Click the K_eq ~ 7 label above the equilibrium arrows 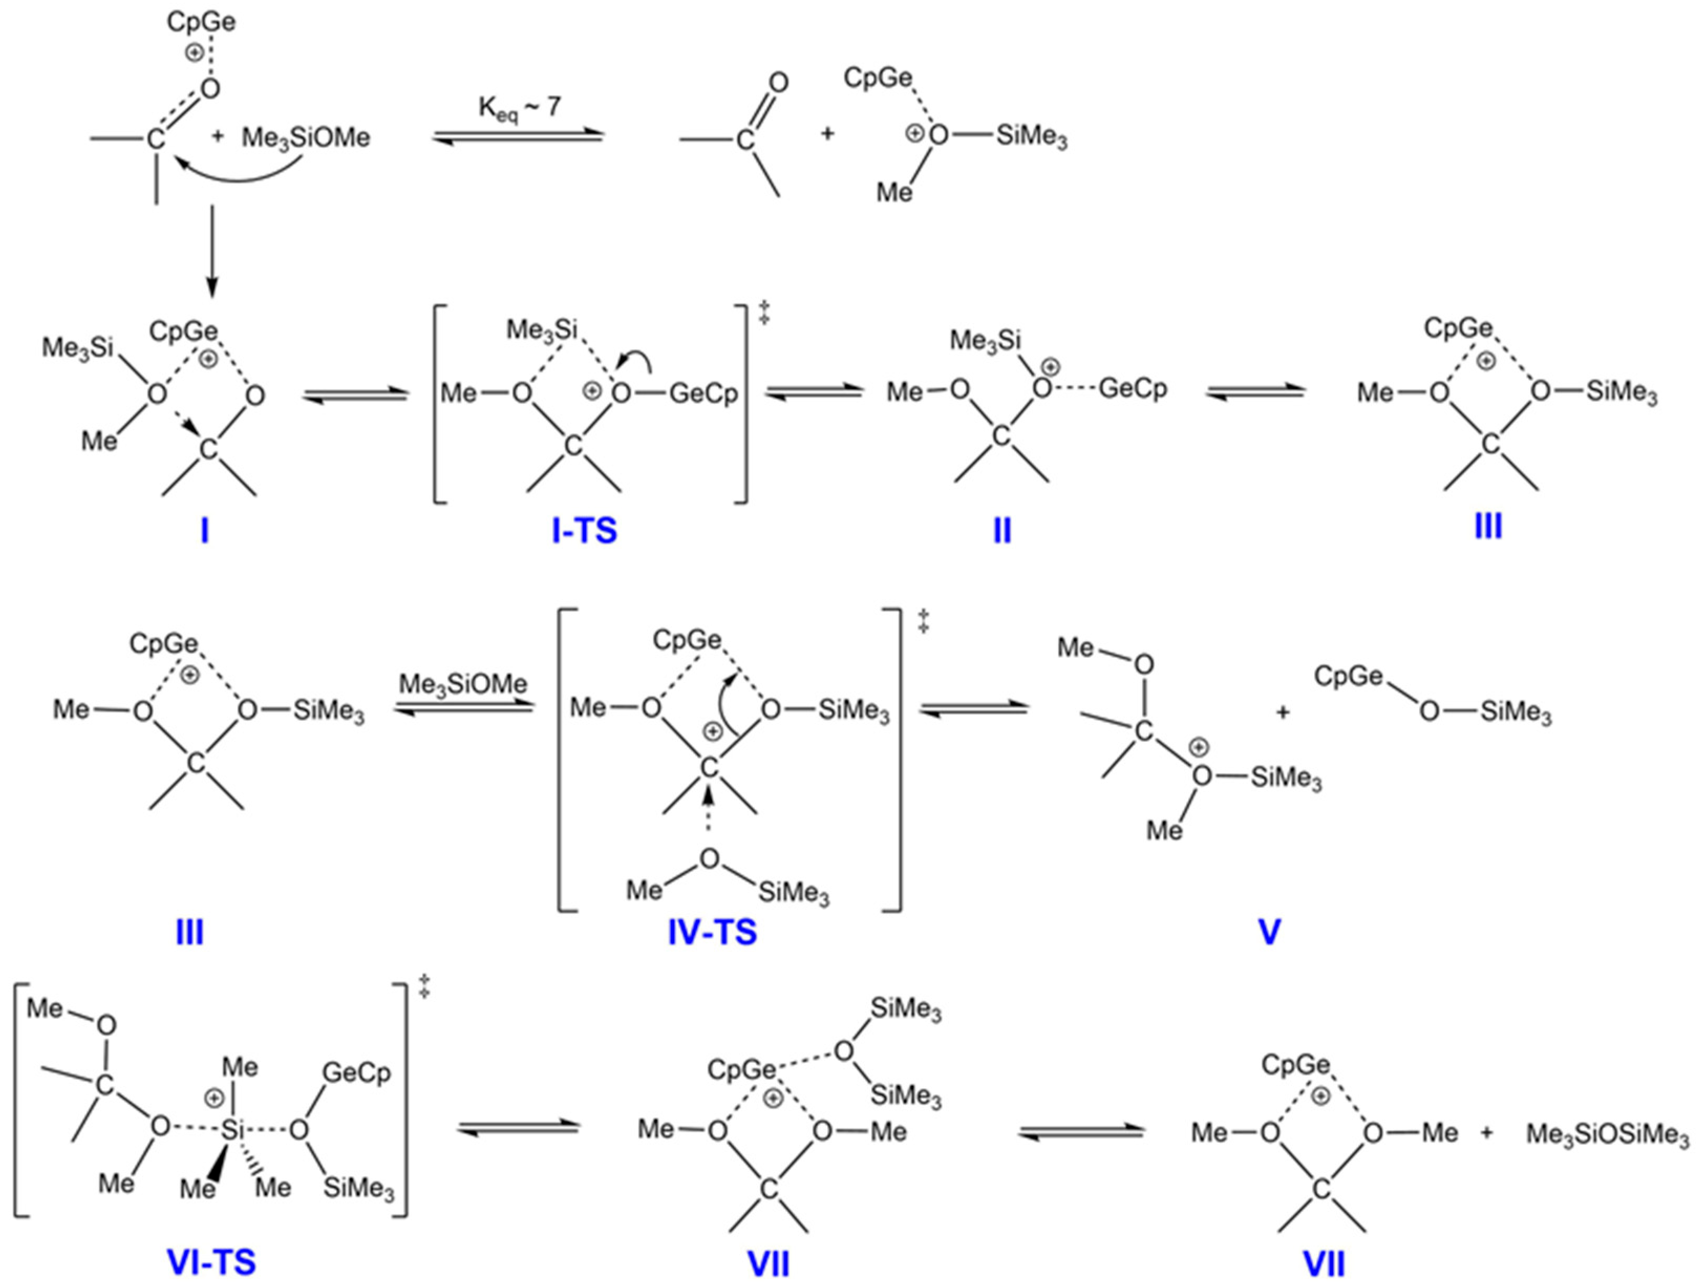click(519, 109)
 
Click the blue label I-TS click(584, 530)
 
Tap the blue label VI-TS click(211, 1262)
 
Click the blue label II click(1001, 530)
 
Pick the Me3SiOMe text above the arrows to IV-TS click(463, 683)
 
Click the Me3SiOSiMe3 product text click(1607, 1134)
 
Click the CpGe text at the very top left click(201, 22)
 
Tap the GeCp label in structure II click(1133, 389)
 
